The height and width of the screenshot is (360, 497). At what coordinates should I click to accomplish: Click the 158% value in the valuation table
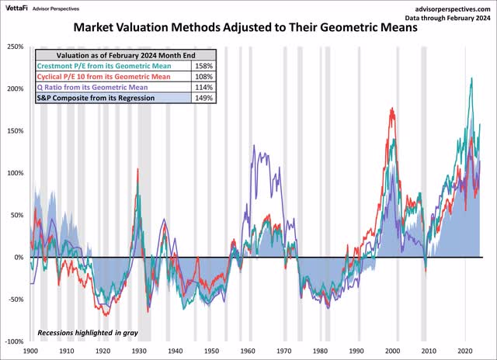coord(206,67)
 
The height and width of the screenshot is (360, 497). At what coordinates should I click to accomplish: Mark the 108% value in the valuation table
coord(206,78)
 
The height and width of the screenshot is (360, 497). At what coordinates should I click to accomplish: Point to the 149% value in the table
coord(206,99)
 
